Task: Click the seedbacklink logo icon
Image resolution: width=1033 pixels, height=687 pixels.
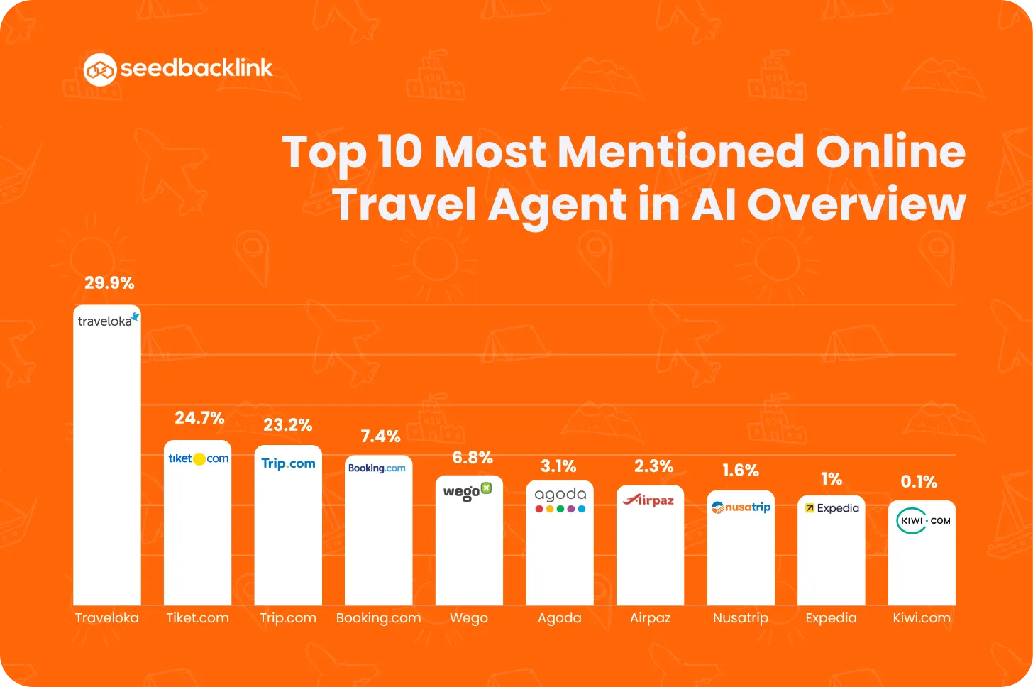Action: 99,70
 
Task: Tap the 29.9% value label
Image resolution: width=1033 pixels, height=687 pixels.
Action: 109,283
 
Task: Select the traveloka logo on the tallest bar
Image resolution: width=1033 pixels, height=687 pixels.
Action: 108,320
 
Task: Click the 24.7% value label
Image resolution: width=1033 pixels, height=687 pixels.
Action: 199,418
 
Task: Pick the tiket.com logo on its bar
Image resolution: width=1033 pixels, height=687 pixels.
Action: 198,458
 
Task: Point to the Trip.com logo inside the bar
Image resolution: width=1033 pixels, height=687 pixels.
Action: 288,463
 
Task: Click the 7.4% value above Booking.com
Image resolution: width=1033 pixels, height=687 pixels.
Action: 380,436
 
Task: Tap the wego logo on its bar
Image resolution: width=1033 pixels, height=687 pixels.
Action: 468,491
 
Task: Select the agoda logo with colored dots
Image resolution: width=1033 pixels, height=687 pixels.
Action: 560,500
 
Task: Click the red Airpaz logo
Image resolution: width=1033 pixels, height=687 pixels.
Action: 648,500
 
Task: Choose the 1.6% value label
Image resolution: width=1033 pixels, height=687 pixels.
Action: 741,471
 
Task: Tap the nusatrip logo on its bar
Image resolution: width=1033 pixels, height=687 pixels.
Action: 741,507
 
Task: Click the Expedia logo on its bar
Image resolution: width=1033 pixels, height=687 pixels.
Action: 832,508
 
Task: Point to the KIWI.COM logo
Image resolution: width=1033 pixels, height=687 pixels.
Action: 922,520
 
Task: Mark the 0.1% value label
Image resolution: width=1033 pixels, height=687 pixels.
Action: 919,482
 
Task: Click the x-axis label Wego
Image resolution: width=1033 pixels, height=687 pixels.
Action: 469,618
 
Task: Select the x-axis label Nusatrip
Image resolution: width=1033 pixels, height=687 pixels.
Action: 741,618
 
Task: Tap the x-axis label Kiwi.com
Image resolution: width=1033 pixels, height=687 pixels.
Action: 922,618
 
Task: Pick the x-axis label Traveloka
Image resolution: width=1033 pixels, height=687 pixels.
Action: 107,618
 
